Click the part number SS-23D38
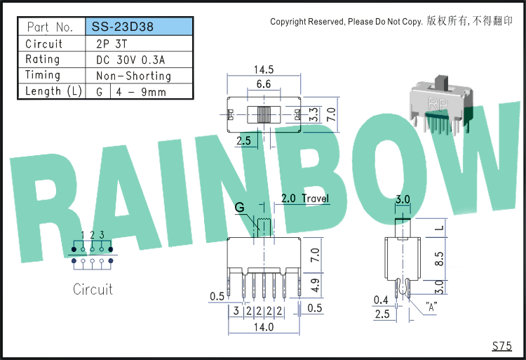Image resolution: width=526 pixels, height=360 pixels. [123, 27]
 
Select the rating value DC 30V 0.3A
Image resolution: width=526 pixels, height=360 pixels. [130, 60]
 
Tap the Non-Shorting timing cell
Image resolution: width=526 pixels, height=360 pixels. [133, 76]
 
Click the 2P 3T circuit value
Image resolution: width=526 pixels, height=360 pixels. [112, 44]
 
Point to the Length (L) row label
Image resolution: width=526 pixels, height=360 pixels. [53, 91]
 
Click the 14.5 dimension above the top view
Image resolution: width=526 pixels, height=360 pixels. [264, 69]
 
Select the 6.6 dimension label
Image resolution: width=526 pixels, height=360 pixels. [264, 84]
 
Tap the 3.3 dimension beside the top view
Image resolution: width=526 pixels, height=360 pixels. [313, 114]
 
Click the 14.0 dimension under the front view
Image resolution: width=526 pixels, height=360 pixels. [264, 327]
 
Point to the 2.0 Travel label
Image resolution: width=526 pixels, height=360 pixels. [305, 198]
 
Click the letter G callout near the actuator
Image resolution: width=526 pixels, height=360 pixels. [240, 207]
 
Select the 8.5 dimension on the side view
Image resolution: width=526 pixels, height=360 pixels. [439, 259]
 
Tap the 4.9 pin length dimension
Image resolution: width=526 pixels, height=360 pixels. [315, 285]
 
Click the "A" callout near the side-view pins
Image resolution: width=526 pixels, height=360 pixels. [431, 307]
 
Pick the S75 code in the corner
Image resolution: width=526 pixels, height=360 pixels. [502, 345]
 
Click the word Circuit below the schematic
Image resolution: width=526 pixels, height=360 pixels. [93, 289]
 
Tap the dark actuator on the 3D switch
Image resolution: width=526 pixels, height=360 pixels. [441, 83]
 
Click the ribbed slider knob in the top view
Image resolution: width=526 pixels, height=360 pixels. [264, 114]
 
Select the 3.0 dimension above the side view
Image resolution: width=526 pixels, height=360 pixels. [403, 199]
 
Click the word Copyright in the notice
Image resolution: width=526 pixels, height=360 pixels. [288, 22]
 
